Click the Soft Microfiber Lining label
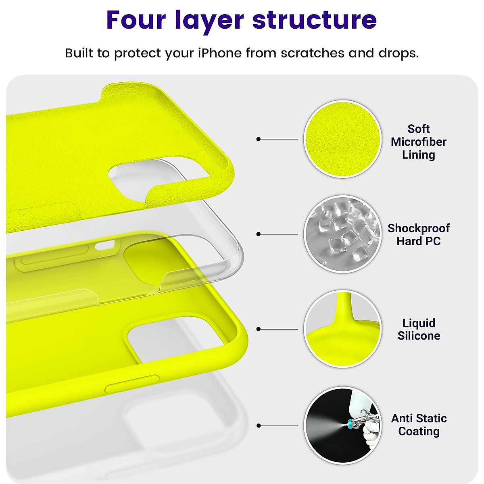(418, 142)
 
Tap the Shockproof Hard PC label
(418, 235)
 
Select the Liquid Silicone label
(418, 330)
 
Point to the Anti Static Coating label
(419, 425)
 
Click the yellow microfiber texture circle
(342, 139)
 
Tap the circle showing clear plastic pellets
(342, 234)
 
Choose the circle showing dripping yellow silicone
(342, 329)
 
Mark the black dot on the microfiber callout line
(259, 139)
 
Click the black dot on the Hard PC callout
(259, 234)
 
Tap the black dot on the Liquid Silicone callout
(259, 329)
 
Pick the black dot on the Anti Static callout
(259, 426)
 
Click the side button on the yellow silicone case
(132, 384)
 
